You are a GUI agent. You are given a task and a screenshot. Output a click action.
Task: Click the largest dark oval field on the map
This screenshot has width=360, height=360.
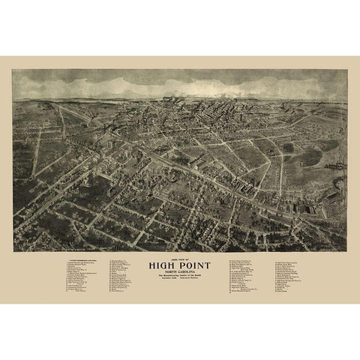310,156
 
